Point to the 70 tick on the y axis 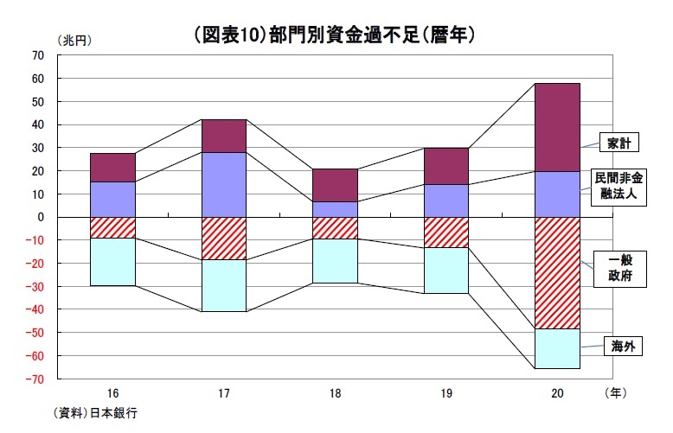point(37,55)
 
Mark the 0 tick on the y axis point(41,217)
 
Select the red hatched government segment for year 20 point(556,273)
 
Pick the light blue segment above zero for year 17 point(223,184)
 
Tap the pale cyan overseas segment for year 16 point(112,261)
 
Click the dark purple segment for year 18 point(335,185)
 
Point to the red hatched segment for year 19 point(445,232)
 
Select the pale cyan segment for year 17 point(223,285)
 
